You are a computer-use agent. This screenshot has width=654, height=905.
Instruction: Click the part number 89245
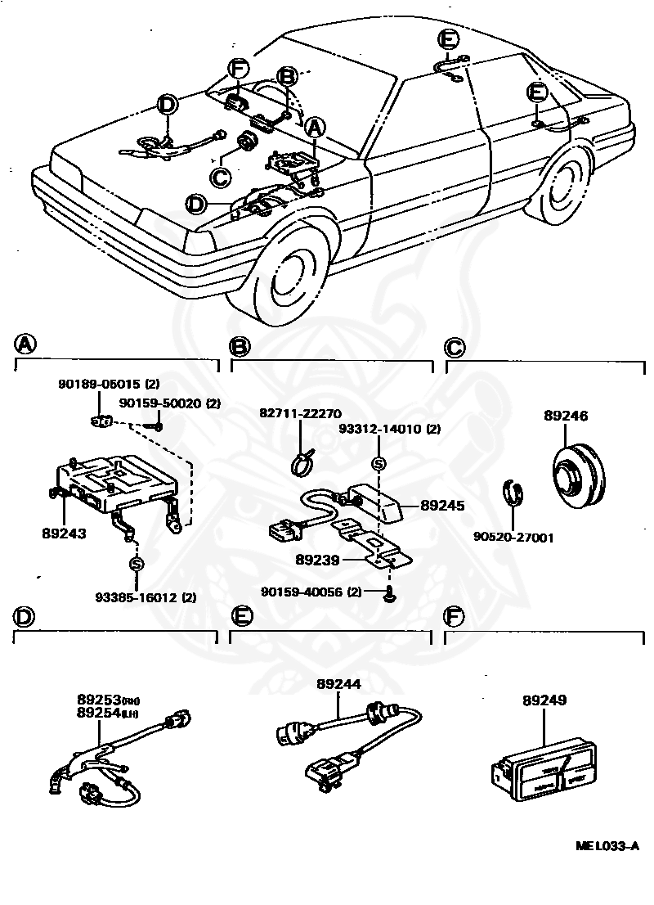click(x=442, y=506)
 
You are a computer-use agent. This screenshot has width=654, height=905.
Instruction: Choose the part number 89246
click(x=566, y=416)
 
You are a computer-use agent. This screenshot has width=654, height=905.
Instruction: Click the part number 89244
click(x=339, y=685)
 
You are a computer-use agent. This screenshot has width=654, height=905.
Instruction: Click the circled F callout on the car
click(x=237, y=70)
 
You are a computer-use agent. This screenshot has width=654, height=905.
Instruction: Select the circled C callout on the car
click(x=219, y=175)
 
